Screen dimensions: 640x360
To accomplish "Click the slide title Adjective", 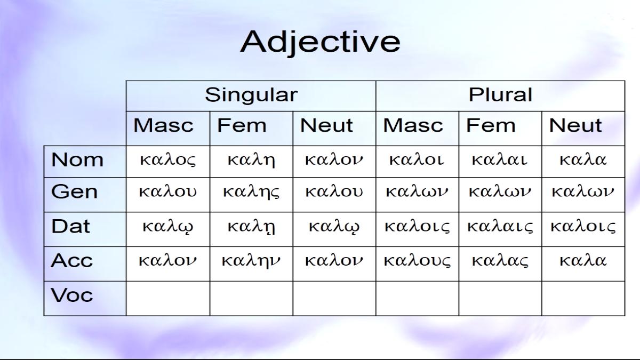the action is [x=320, y=42].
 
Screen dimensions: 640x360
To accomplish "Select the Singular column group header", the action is [x=251, y=95].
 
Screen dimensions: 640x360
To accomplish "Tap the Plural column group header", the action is [x=500, y=94].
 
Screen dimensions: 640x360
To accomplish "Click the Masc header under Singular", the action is [x=163, y=125].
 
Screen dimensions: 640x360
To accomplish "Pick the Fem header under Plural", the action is [x=491, y=125].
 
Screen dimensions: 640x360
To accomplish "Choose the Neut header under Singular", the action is [x=326, y=125].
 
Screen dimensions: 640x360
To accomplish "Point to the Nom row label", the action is [x=77, y=159].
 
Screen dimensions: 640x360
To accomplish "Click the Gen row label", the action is [x=74, y=191].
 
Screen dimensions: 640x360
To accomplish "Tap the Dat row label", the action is [x=70, y=226].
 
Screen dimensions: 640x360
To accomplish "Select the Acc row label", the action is [x=71, y=261].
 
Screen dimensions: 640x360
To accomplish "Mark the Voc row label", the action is [x=71, y=295].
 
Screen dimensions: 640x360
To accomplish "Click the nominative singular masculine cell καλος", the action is [x=167, y=160].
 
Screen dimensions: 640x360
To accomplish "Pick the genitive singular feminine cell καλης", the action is [x=251, y=192].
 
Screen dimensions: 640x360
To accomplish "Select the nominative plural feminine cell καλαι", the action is [x=499, y=159].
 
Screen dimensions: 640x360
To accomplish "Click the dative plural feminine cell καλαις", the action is [x=500, y=227].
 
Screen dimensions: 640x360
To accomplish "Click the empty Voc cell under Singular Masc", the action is [x=168, y=299].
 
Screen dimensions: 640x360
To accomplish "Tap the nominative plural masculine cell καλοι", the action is [x=417, y=159].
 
